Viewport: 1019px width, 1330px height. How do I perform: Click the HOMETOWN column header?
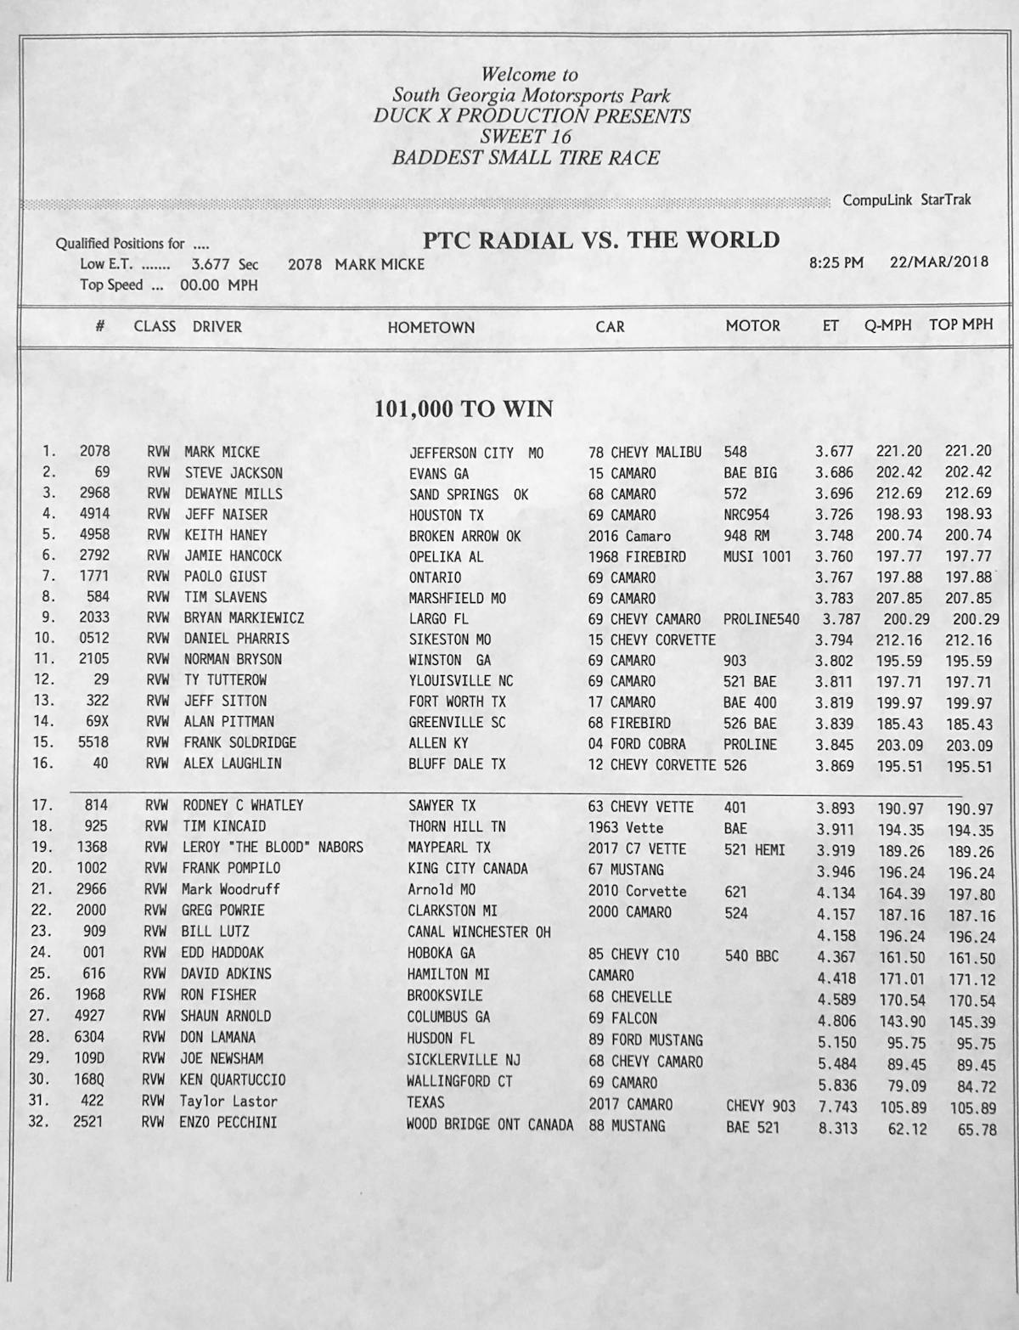click(x=431, y=327)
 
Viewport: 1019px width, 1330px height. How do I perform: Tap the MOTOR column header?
click(x=752, y=326)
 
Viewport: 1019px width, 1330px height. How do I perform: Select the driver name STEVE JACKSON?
click(x=234, y=473)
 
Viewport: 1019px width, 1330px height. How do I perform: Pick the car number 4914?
click(x=95, y=514)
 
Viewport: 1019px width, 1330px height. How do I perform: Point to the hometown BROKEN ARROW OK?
click(x=464, y=537)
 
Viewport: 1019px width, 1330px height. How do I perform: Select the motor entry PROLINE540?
click(x=761, y=619)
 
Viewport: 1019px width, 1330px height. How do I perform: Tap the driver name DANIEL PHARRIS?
click(x=236, y=639)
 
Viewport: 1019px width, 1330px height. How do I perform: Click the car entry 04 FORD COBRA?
click(x=637, y=744)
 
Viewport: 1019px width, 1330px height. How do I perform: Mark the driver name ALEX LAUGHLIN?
click(x=233, y=764)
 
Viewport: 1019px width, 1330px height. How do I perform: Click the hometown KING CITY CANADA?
click(x=467, y=869)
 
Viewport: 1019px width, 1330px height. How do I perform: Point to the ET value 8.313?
click(x=837, y=1129)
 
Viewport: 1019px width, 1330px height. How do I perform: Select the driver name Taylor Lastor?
click(x=228, y=1102)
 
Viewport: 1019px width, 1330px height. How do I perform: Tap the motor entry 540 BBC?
click(x=752, y=955)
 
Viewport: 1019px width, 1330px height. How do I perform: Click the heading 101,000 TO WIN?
click(x=464, y=409)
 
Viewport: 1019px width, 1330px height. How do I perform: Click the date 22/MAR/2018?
click(x=939, y=262)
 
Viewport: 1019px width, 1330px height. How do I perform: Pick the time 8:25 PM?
click(x=836, y=262)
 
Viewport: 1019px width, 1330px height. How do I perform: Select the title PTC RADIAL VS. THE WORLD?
click(x=601, y=240)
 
